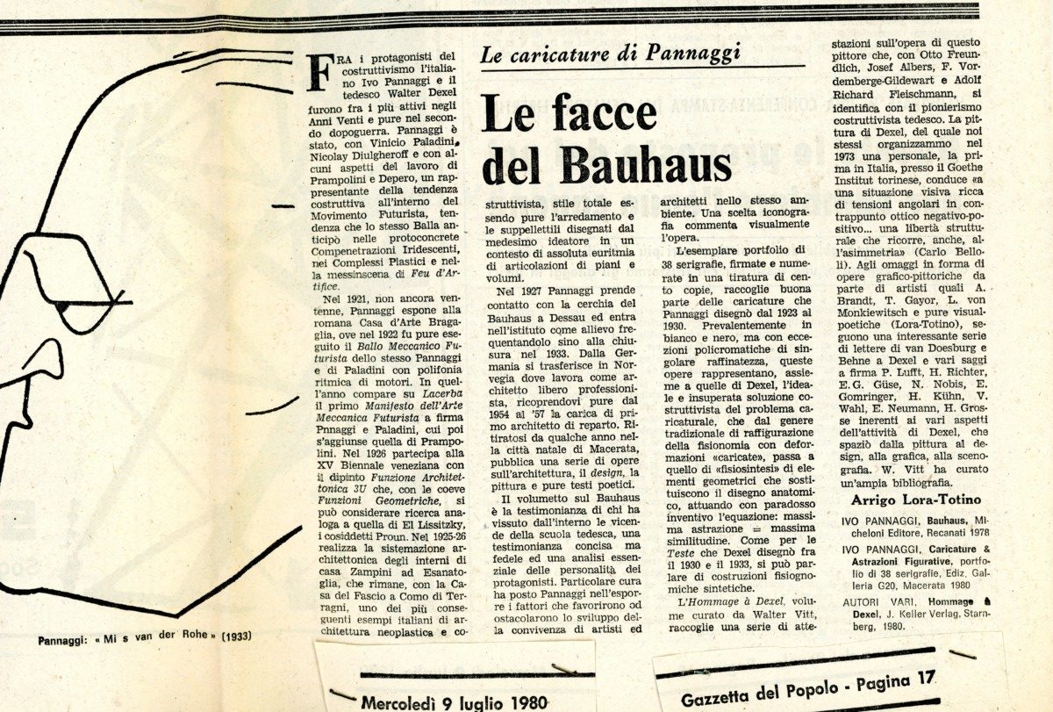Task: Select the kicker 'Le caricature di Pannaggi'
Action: (x=611, y=52)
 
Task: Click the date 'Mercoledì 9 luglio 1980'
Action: (x=454, y=701)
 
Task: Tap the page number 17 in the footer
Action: (x=922, y=677)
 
